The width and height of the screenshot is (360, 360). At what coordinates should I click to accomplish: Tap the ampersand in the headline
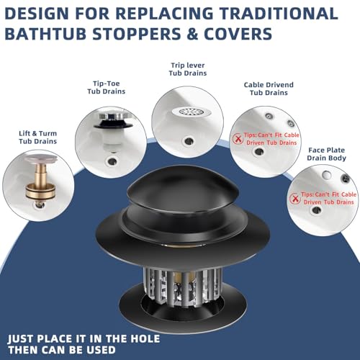(x=192, y=33)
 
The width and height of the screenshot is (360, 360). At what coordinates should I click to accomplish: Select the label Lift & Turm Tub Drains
(x=38, y=138)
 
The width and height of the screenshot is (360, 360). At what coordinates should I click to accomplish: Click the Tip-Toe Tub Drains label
(x=107, y=87)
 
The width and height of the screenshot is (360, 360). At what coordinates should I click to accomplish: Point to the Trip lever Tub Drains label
(x=188, y=69)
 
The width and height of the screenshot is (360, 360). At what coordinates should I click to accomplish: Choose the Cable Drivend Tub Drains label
(x=269, y=89)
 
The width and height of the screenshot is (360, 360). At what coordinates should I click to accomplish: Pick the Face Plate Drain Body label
(x=326, y=154)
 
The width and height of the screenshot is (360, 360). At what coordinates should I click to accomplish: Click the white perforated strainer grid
(x=192, y=112)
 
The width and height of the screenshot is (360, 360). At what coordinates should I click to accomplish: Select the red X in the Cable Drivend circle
(x=238, y=139)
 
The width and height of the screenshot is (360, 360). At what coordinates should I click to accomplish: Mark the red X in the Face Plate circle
(x=294, y=199)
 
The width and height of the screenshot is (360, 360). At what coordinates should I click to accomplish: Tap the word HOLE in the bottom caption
(x=145, y=338)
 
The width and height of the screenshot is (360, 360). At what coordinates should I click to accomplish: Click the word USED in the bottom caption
(x=101, y=350)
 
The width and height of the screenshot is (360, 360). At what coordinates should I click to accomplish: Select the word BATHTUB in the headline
(x=45, y=33)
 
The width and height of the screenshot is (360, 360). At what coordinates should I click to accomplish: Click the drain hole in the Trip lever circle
(x=189, y=141)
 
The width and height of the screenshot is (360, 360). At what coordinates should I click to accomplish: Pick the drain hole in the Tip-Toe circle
(x=112, y=161)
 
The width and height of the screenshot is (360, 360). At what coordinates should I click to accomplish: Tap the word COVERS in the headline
(x=238, y=33)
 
